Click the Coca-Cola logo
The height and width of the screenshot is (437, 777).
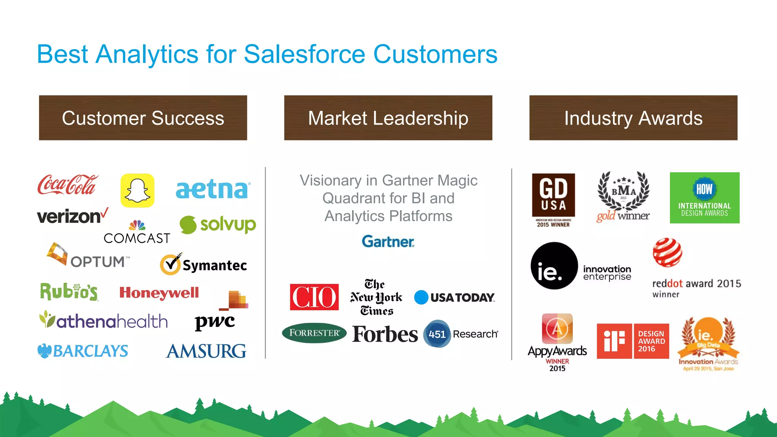68,185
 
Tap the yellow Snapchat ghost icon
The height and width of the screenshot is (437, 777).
137,190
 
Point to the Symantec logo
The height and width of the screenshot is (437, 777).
204,264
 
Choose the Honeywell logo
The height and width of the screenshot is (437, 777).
159,292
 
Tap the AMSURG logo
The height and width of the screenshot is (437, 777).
206,351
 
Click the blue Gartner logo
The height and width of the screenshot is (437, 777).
388,242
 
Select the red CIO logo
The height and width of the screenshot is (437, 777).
314,297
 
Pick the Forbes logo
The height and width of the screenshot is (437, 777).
385,334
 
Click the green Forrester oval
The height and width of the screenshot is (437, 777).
314,333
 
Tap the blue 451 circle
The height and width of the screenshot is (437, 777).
437,334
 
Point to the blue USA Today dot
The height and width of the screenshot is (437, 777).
421,297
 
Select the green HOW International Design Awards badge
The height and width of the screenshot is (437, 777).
705,198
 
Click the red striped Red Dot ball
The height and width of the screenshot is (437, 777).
667,252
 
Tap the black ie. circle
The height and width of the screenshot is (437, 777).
554,266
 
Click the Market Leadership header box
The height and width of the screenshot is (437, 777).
388,118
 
